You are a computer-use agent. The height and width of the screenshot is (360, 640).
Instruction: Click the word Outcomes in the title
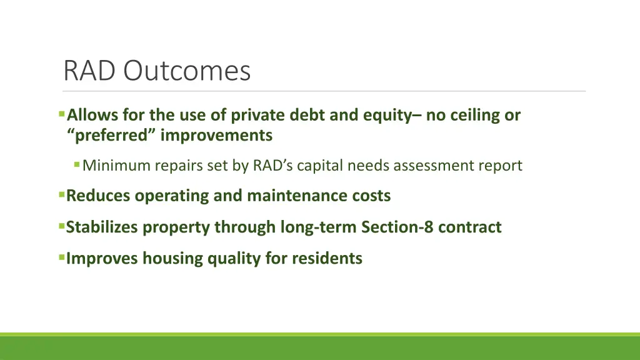click(186, 71)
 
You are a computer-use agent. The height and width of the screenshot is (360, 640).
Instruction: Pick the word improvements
click(216, 135)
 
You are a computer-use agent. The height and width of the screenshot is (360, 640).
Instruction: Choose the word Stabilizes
click(103, 227)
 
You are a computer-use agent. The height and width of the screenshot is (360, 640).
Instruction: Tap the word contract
click(469, 227)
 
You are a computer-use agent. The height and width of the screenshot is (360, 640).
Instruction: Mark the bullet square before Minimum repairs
click(77, 165)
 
